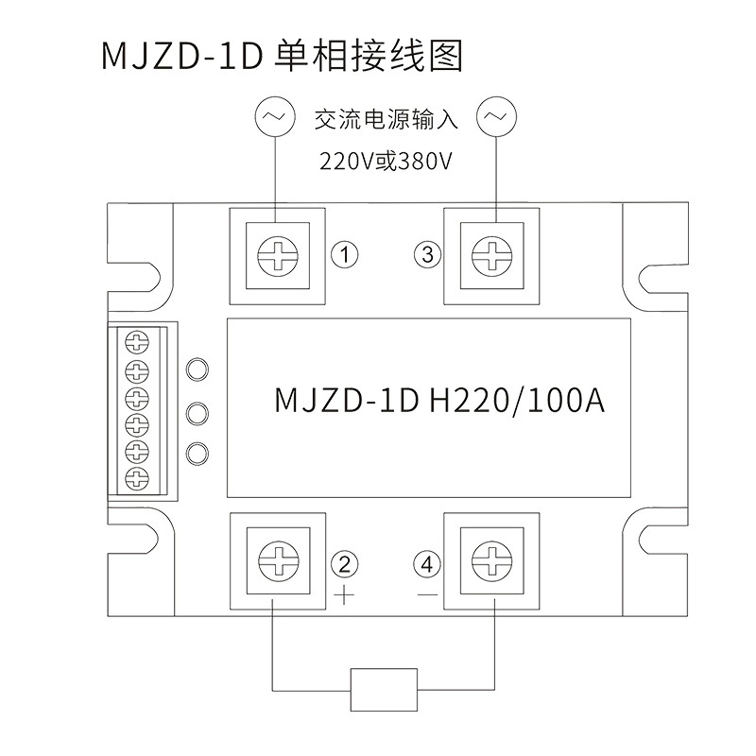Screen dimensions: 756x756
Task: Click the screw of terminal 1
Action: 278,256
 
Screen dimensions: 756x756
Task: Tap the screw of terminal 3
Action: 491,256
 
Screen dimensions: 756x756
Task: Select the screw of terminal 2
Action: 278,560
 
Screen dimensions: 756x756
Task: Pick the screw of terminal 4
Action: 491,560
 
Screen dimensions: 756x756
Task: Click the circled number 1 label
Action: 344,254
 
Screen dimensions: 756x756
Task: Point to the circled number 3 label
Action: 428,254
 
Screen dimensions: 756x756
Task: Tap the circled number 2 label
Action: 344,564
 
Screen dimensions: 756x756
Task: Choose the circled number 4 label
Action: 427,564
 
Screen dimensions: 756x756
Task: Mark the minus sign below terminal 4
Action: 428,594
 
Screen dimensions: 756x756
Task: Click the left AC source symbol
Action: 275,116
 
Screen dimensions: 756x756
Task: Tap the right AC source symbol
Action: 496,116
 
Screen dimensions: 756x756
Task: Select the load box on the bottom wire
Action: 384,690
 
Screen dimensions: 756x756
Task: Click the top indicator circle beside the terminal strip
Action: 198,370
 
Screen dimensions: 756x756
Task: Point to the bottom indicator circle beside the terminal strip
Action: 198,454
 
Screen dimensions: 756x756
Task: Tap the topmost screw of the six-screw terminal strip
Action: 137,343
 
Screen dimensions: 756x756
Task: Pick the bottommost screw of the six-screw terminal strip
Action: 137,478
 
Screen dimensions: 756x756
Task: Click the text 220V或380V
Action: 386,162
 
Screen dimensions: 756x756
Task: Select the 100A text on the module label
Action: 566,400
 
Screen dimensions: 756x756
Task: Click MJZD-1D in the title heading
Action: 181,56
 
